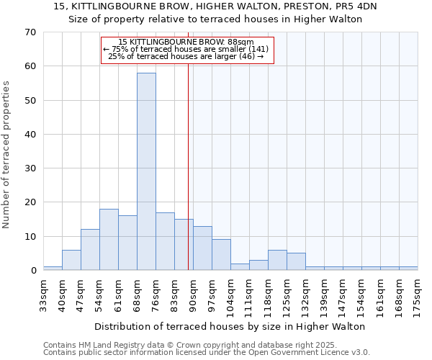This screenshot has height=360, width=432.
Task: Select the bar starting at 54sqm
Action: point(109,240)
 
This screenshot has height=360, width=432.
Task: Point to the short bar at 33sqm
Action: point(53,268)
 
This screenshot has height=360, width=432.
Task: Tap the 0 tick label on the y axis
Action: point(33,271)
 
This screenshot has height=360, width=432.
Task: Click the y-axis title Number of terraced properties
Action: point(6,155)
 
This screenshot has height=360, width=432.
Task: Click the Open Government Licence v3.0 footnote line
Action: point(207,352)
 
